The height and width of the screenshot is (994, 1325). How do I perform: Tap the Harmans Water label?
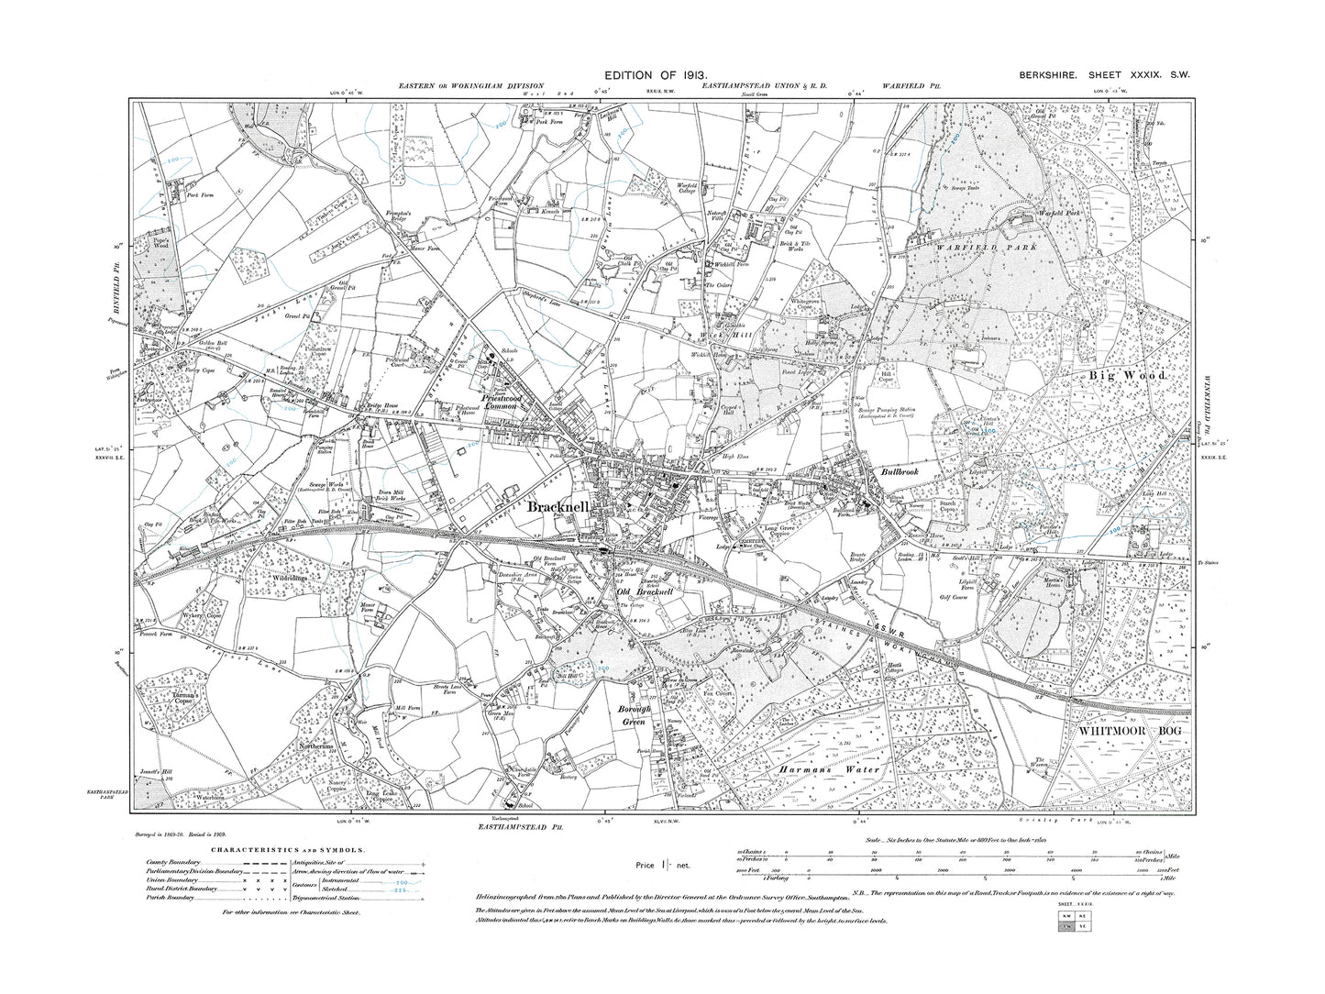829,769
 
